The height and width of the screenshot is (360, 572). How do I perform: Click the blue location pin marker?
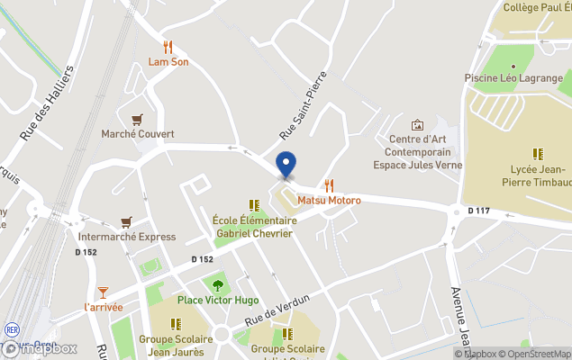point(286,165)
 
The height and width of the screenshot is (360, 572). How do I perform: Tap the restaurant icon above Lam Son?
point(168,47)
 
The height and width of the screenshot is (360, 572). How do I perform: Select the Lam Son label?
point(168,62)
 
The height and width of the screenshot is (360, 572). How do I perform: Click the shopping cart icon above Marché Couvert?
point(137,119)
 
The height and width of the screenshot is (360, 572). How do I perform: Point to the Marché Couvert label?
point(137,134)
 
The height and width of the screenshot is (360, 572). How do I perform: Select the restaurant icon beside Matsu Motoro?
point(329,185)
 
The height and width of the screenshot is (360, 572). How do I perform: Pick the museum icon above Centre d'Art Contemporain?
point(417,125)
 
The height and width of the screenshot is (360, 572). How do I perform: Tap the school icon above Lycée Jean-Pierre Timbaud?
point(538,154)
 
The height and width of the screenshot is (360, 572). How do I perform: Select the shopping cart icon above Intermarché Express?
point(125,221)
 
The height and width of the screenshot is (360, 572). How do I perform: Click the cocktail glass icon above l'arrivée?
point(103,292)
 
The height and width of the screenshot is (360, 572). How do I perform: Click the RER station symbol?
point(12,330)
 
